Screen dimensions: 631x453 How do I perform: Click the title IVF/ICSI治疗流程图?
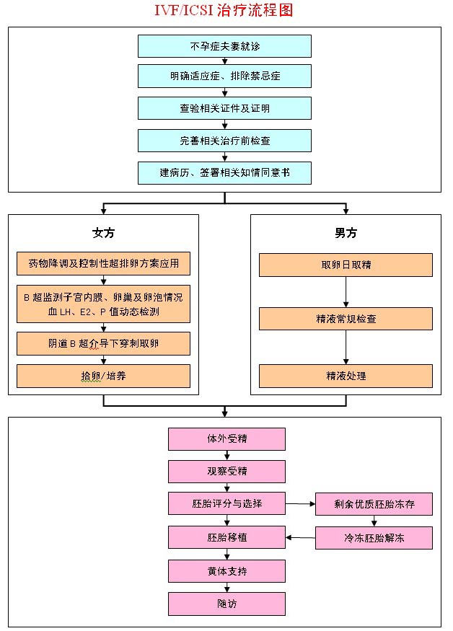(224, 10)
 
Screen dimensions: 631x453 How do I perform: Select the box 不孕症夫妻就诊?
(224, 46)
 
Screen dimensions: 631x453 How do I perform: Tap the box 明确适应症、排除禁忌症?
(224, 76)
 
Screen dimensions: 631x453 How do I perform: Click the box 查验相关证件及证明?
(224, 108)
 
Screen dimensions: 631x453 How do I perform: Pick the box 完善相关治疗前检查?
(224, 140)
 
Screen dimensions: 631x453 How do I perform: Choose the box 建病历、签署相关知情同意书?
(224, 172)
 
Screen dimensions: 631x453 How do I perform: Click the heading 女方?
(103, 233)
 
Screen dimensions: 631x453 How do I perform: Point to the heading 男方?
(346, 233)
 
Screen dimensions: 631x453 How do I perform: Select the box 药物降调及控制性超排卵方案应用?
(103, 264)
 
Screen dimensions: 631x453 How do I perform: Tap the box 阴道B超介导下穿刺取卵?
(103, 343)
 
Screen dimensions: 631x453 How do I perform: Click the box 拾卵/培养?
(103, 376)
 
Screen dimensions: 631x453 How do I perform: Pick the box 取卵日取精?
(346, 265)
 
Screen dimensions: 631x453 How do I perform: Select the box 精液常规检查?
(346, 318)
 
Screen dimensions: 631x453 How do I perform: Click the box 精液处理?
(346, 376)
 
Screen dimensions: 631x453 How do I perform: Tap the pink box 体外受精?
(226, 438)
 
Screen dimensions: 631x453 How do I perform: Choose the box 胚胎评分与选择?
(226, 503)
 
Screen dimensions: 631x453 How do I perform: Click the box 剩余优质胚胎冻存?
(374, 503)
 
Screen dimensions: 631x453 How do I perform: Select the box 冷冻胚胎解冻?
(374, 537)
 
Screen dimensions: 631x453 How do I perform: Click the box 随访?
(226, 604)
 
